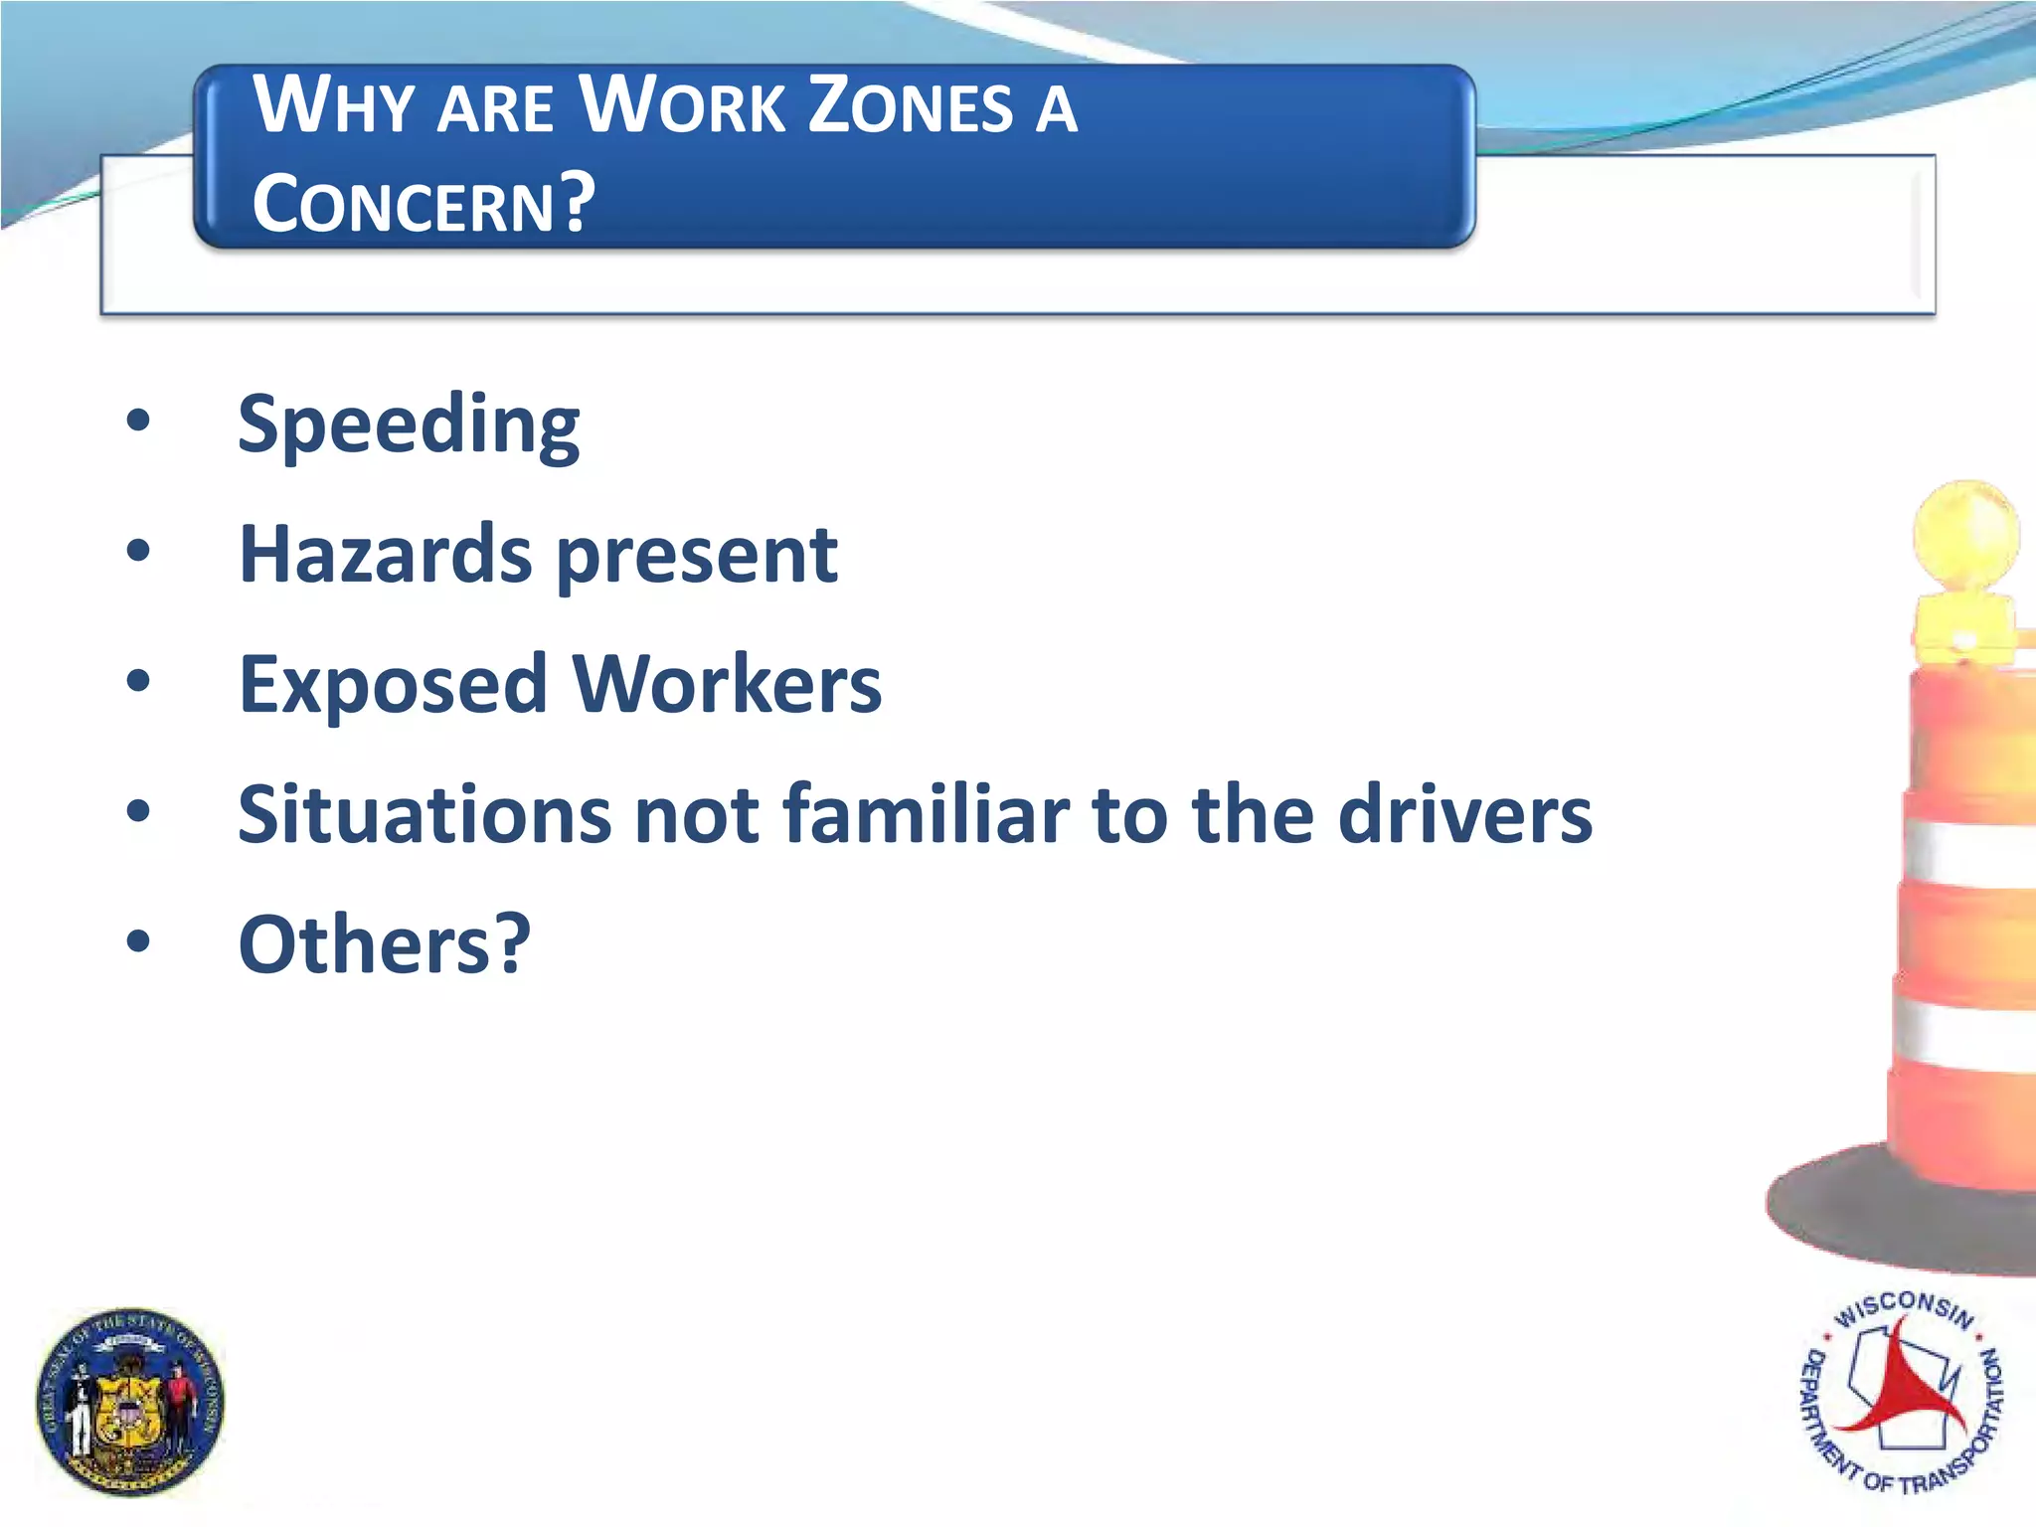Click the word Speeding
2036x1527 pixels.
pos(409,425)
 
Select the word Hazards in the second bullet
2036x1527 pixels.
pos(385,554)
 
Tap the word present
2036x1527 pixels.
pos(697,557)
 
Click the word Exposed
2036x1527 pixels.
pos(393,686)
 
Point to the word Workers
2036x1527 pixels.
pos(727,685)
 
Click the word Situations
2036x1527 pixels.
pos(424,814)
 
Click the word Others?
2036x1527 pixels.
pos(385,943)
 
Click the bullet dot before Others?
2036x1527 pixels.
pos(138,940)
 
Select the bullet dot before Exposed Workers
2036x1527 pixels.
pos(138,681)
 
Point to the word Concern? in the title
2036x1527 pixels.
pos(424,203)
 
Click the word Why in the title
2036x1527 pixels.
pos(333,105)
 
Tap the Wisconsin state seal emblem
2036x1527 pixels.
pos(130,1402)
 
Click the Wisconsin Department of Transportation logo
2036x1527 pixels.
pos(1901,1392)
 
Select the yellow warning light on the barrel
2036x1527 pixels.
pos(1965,542)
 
